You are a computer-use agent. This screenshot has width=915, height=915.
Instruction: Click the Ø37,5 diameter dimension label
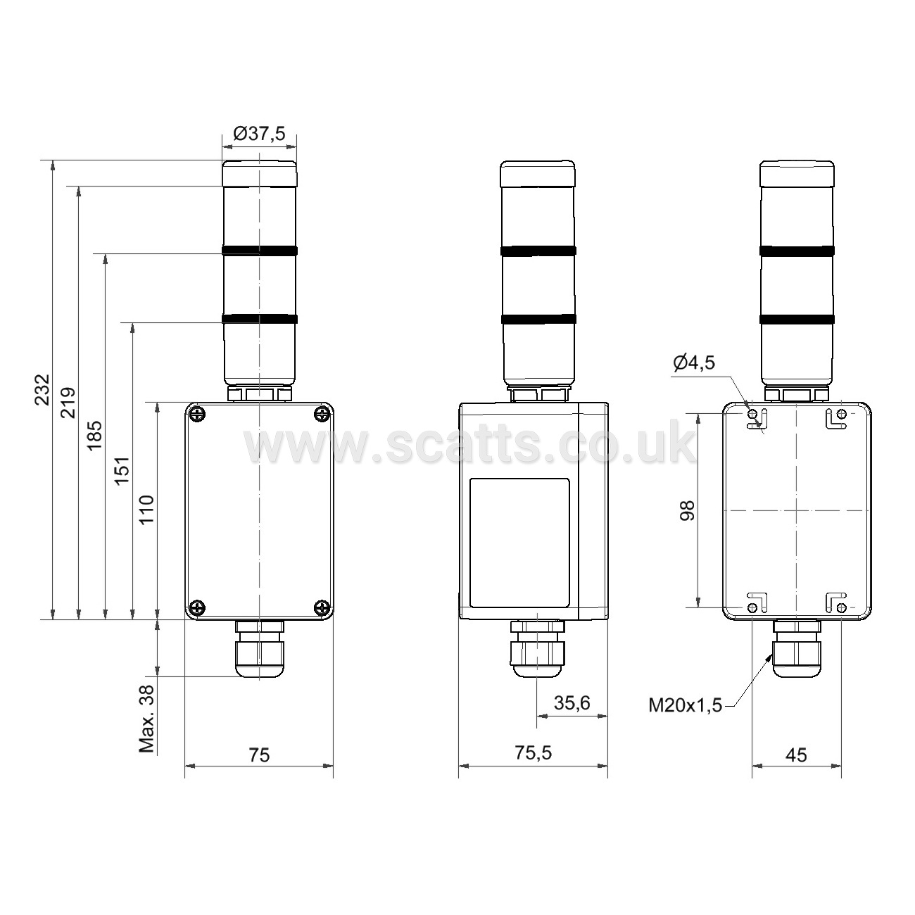259,134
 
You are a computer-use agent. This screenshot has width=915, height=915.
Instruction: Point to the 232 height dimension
42,389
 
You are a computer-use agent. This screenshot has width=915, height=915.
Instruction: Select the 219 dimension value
68,403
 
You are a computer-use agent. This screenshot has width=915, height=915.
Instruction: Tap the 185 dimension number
95,436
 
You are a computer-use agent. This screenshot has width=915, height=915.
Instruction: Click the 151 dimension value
122,471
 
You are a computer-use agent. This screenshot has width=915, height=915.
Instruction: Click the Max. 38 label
147,719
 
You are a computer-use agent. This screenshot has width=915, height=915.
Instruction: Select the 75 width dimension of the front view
259,755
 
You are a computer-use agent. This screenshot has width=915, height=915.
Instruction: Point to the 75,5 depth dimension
534,752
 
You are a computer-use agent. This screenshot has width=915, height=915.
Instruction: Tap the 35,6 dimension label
572,703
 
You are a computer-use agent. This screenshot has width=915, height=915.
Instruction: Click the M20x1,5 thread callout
685,705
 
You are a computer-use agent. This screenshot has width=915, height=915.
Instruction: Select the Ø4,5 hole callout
694,363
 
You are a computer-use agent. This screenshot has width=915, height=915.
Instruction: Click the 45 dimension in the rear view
796,755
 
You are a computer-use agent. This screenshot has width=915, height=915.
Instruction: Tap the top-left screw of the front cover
196,414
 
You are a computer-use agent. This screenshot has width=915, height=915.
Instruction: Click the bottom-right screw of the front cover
322,607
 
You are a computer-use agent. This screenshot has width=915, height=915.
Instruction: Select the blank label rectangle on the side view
519,543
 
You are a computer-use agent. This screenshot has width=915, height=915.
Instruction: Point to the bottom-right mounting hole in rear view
841,608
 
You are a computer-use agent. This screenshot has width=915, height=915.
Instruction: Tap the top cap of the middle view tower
538,174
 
